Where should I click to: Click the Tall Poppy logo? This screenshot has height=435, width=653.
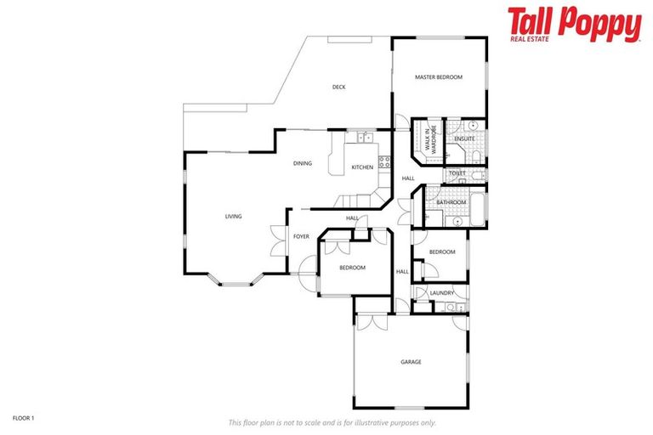(x=574, y=24)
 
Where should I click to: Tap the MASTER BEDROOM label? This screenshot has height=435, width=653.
(x=438, y=77)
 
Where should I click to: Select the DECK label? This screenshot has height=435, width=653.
(x=338, y=87)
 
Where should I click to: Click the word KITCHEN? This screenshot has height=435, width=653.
(x=362, y=167)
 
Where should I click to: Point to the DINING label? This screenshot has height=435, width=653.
(x=303, y=163)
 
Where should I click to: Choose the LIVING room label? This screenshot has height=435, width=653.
(x=233, y=217)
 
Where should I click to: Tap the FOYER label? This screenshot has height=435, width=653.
(x=301, y=236)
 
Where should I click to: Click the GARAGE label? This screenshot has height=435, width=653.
(x=411, y=362)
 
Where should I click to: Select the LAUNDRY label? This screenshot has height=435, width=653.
(x=441, y=293)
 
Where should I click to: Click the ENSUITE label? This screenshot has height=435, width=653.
(x=464, y=138)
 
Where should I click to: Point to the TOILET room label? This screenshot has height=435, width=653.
(x=457, y=173)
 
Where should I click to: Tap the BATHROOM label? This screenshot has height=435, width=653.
(x=451, y=202)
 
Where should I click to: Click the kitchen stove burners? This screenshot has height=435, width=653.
(x=383, y=159)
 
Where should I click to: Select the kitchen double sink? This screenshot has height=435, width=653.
(x=365, y=137)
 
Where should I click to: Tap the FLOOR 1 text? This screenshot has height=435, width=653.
(x=23, y=418)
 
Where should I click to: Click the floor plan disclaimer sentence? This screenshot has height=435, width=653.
(x=332, y=422)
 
